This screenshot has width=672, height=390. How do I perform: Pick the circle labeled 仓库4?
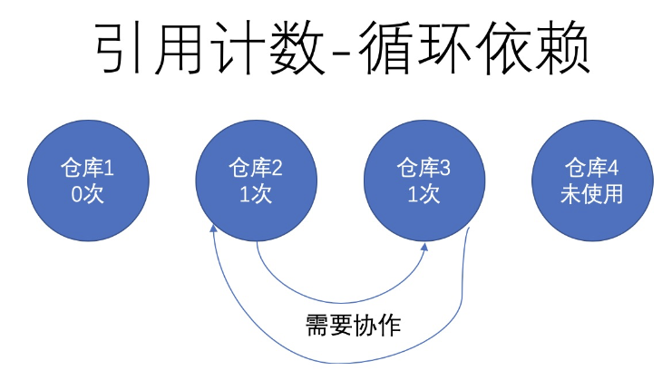pos(591,180)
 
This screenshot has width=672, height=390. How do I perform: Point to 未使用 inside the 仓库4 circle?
pos(591,194)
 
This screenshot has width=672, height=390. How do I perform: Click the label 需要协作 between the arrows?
pos(354,324)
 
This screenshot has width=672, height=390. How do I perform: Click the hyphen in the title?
pos(355,54)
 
